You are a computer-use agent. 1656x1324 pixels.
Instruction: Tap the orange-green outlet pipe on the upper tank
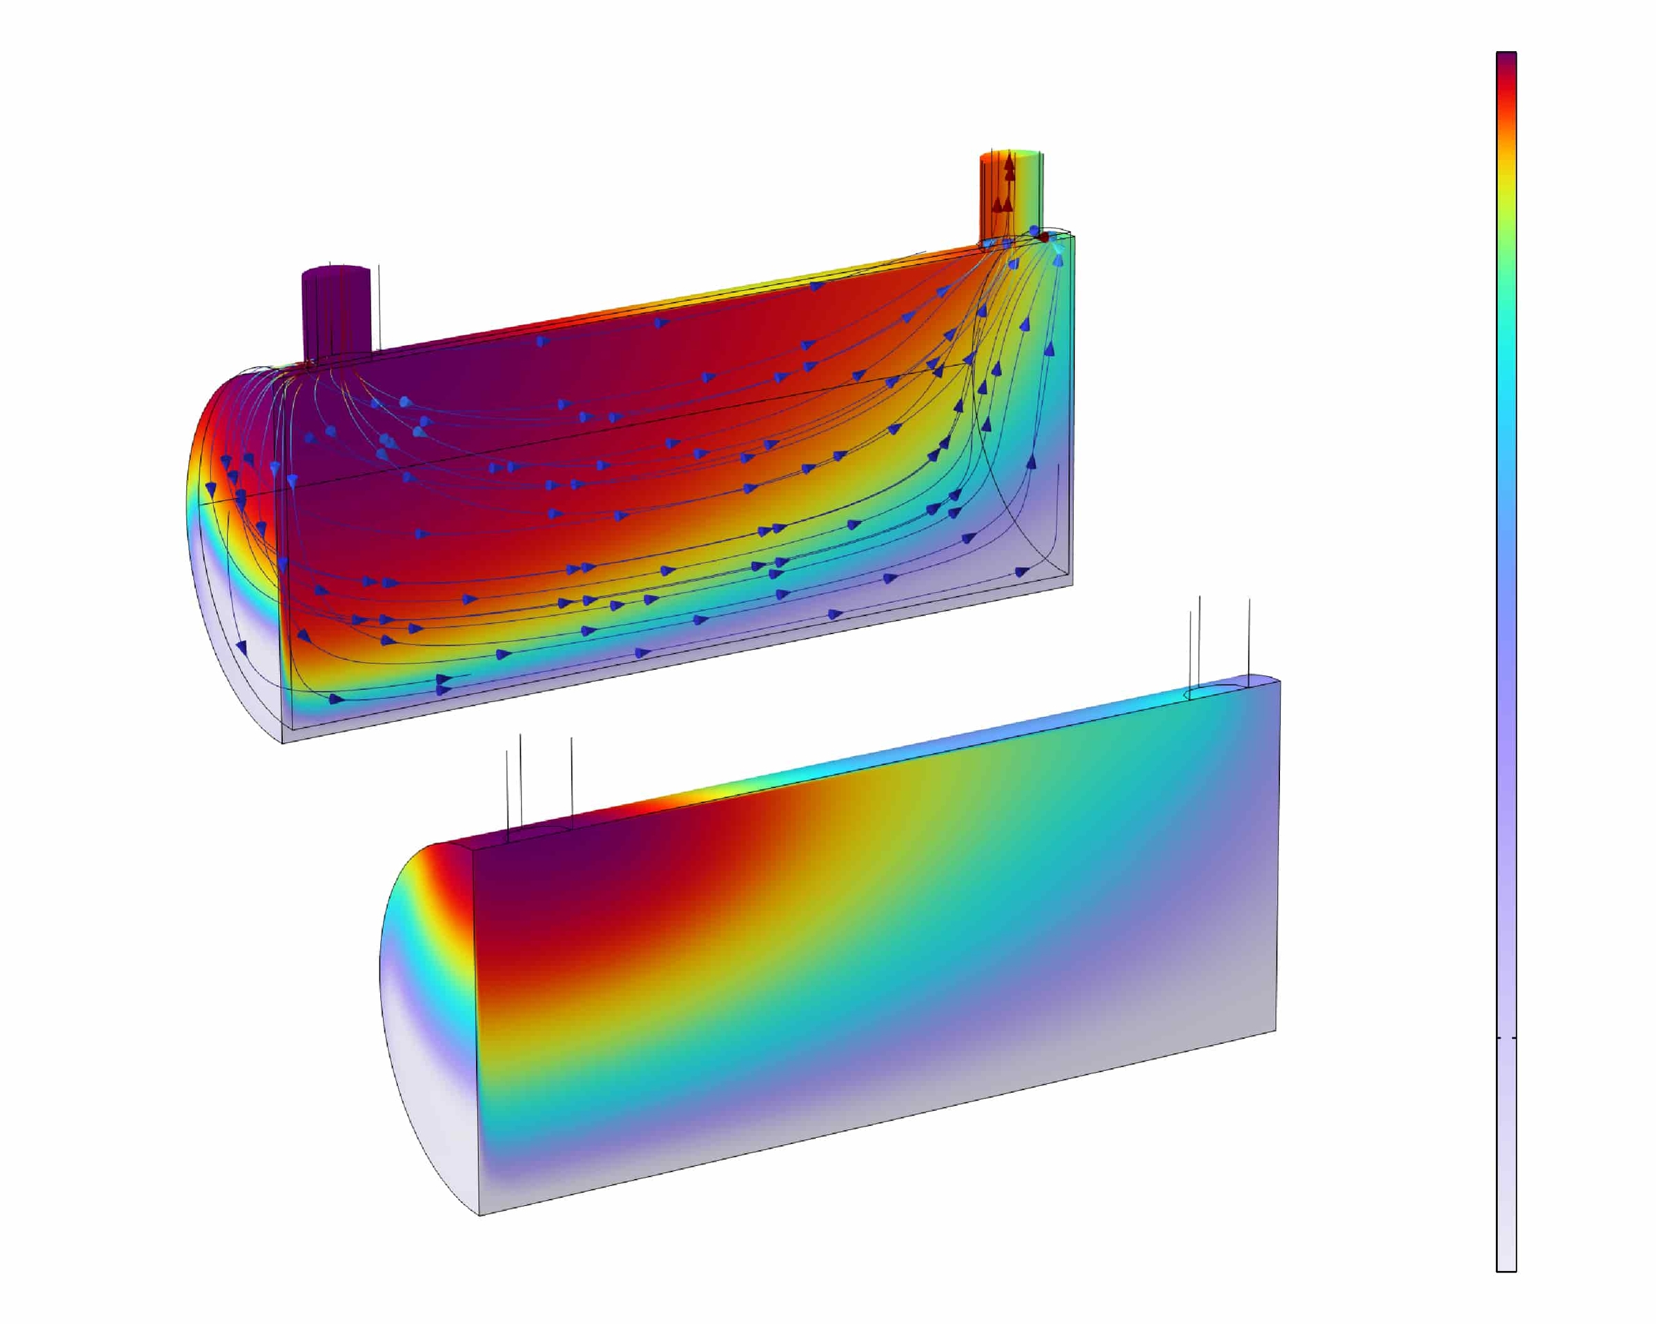tap(1012, 197)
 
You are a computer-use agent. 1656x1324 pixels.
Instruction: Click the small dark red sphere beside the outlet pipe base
tap(1044, 237)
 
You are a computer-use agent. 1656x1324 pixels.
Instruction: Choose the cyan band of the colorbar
tap(1506, 384)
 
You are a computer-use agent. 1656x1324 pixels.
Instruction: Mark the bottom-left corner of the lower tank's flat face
tap(480, 1215)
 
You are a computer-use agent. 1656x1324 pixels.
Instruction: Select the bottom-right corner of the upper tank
tap(1072, 583)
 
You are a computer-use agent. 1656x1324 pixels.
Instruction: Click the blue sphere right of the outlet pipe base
tap(1034, 230)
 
